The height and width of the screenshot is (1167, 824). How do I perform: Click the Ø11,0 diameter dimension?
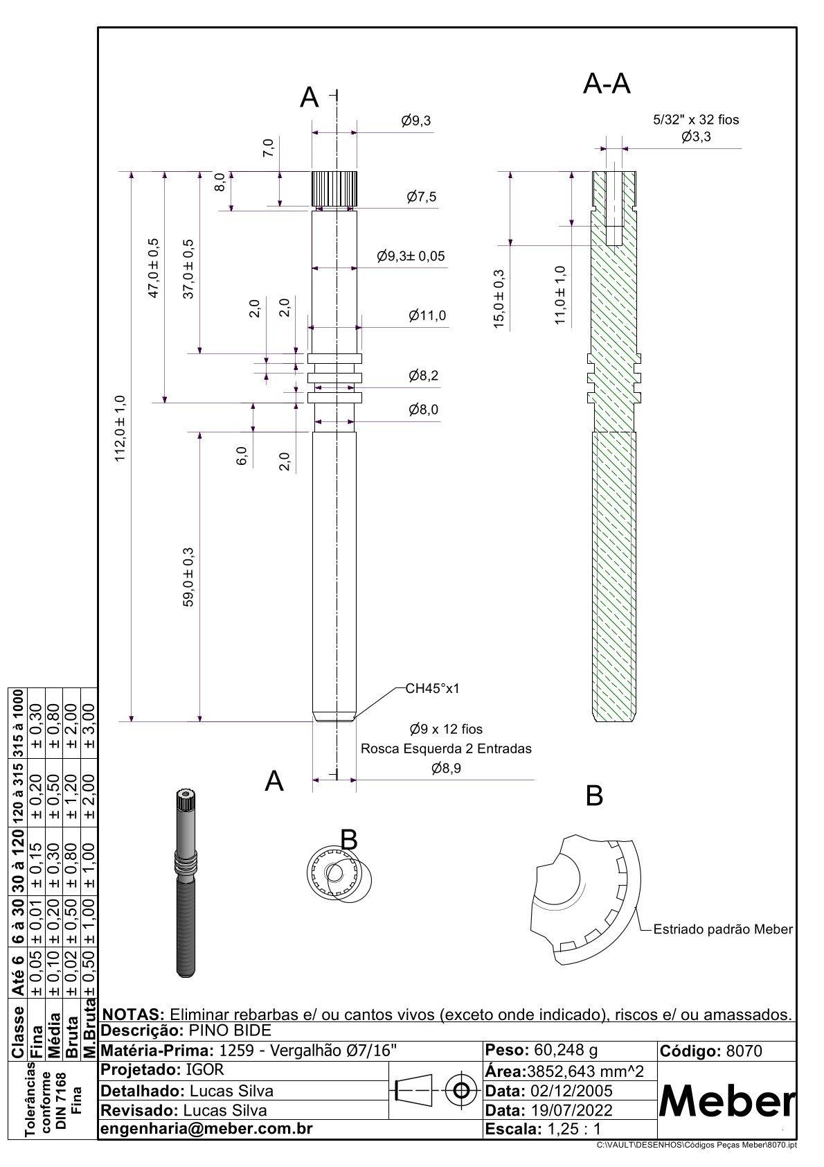427,316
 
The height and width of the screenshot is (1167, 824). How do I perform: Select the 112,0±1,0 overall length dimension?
120,428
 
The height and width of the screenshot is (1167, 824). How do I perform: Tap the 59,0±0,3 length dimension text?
188,577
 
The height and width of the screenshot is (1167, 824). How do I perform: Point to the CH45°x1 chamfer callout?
433,689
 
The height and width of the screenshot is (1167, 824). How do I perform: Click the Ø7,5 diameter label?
422,197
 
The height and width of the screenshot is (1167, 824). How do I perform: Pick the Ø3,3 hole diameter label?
696,137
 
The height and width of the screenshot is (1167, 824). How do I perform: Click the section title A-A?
607,83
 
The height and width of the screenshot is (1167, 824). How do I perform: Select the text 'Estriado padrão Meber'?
723,929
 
